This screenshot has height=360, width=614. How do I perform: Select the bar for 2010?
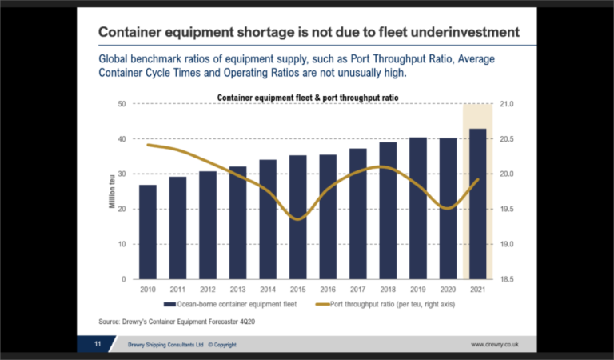click(x=147, y=232)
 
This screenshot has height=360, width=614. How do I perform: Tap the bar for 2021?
click(x=477, y=204)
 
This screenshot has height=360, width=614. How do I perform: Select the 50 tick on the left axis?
click(x=122, y=104)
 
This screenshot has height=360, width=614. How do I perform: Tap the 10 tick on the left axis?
click(x=122, y=244)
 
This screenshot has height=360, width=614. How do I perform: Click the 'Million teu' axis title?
click(x=112, y=192)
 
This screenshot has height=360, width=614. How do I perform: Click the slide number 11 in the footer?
click(x=96, y=344)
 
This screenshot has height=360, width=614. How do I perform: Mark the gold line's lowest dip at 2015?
click(x=297, y=218)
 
